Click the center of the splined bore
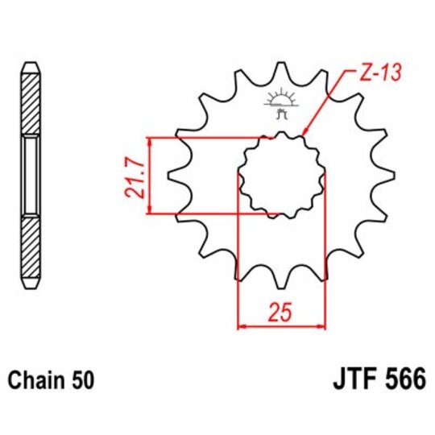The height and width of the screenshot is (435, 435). pos(281,176)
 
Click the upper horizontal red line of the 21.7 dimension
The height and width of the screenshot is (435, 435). pos(209,137)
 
